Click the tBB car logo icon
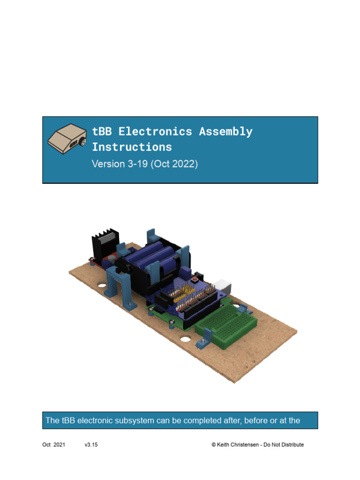tap(67, 139)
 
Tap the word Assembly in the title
tap(225, 132)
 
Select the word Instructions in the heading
tap(132, 147)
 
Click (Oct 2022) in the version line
tap(174, 165)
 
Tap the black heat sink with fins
tap(104, 246)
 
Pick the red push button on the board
tap(194, 280)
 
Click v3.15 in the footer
tap(91, 445)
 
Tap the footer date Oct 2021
tap(54, 445)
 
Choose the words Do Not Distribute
tap(284, 445)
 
